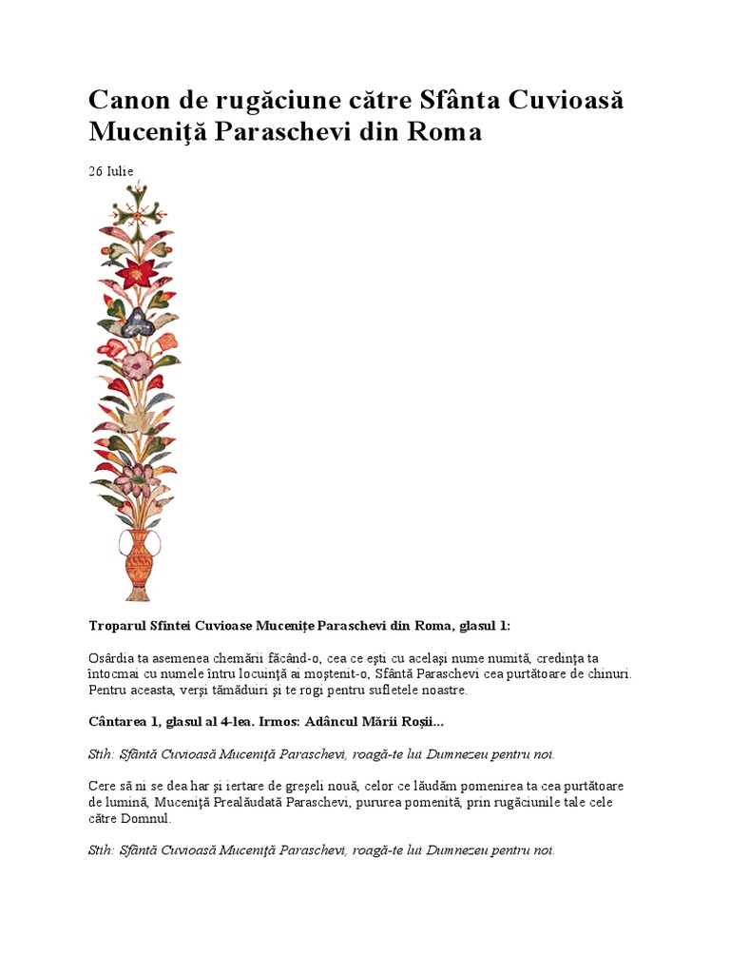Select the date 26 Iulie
point(111,171)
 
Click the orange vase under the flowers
point(139,566)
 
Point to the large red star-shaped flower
point(138,272)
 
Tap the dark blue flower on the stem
point(137,322)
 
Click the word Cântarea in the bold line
point(120,723)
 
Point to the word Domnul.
point(150,818)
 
